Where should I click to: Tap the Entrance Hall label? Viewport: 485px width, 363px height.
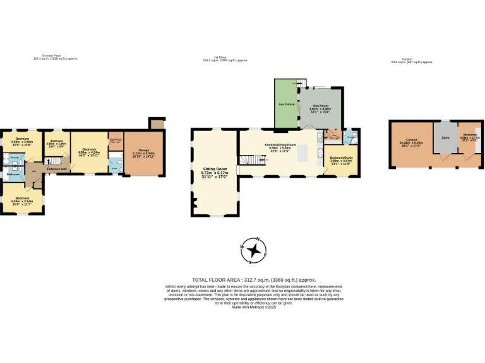57,169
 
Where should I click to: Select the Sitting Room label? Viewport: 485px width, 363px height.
214,169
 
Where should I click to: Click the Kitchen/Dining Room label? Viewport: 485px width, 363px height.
280,144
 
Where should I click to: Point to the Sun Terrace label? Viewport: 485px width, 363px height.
285,104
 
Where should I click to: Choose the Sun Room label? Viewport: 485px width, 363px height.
320,107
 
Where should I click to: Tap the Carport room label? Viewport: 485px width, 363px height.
411,141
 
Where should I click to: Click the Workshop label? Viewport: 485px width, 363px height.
469,135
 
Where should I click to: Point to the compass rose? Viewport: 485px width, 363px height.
254,250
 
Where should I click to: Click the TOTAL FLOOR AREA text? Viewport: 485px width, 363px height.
254,279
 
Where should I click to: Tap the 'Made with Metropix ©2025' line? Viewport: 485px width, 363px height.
254,307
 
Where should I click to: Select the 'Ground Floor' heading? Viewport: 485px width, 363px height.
56,55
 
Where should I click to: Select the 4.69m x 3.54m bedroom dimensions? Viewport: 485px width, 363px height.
22,201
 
